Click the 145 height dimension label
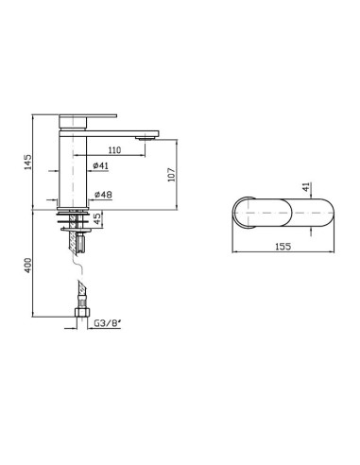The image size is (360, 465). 28,162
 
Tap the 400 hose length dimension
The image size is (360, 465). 28,266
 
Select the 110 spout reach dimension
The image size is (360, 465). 114,150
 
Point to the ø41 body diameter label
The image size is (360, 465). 101,165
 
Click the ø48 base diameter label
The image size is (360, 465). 103,195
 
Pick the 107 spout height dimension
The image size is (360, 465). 171,174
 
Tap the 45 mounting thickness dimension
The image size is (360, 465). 97,218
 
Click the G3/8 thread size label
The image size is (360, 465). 108,323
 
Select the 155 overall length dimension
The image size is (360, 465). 283,246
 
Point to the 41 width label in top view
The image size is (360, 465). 306,187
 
